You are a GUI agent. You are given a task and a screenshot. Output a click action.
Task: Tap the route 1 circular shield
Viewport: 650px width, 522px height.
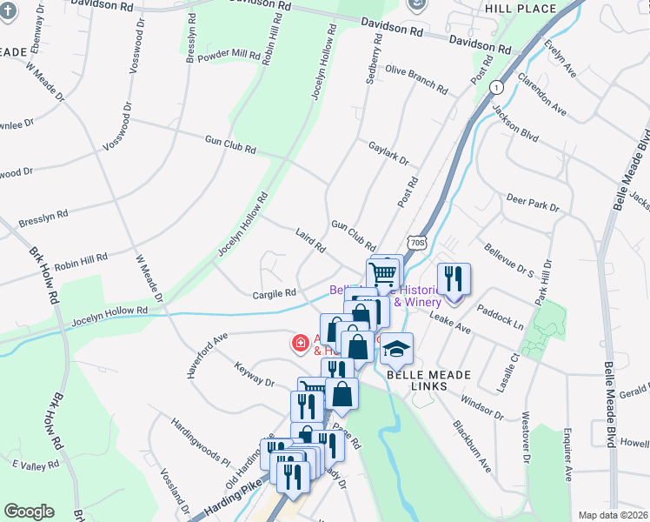click(x=495, y=88)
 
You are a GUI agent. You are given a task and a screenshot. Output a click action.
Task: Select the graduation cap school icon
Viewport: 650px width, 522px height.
click(x=396, y=350)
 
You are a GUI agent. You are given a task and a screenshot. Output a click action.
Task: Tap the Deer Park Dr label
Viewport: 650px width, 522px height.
click(x=532, y=205)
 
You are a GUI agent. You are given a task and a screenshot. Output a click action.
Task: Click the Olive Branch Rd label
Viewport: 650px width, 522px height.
click(x=416, y=80)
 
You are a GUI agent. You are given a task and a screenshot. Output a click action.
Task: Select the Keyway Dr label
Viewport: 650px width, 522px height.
click(x=254, y=375)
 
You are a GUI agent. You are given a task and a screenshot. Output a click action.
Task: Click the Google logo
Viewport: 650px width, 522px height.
click(x=29, y=512)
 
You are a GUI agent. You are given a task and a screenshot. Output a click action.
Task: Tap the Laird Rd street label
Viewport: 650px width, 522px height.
click(x=309, y=242)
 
